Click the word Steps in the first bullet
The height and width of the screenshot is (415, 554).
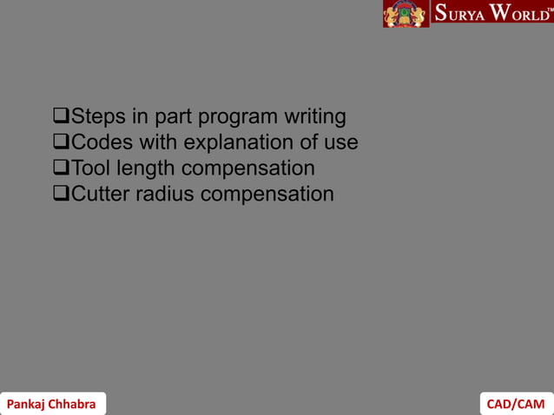97,116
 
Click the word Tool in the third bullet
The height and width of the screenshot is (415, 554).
91,168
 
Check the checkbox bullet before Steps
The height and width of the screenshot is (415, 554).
61,116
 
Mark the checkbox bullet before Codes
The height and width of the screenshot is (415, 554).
61,142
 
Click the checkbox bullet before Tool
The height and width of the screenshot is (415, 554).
61,168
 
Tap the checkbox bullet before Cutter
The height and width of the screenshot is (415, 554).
61,194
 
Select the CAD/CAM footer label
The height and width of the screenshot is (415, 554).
516,404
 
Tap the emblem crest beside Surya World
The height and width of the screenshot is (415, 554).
406,14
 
